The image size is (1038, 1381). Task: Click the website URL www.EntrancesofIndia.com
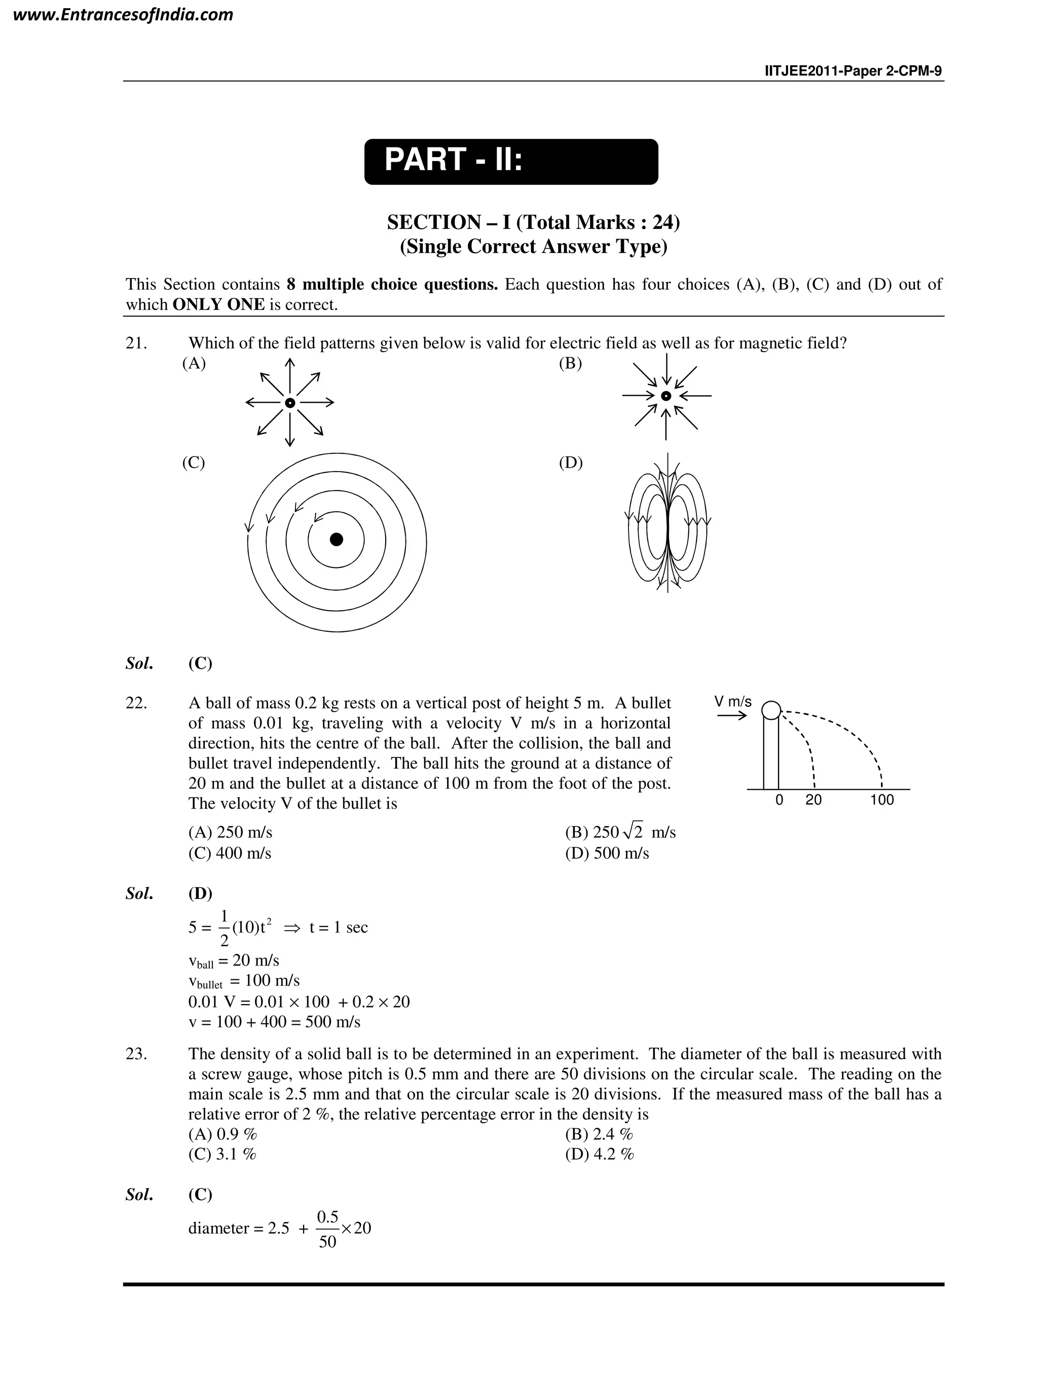tap(123, 15)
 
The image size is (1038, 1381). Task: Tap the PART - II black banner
tap(510, 162)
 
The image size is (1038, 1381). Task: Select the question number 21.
tap(136, 343)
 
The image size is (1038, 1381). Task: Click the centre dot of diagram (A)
tap(289, 403)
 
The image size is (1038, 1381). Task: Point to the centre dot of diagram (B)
tap(666, 396)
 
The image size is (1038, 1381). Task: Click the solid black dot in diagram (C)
tap(336, 540)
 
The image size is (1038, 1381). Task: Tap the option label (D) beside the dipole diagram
tap(570, 463)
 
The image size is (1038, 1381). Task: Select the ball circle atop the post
tap(771, 710)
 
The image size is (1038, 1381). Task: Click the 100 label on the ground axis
tap(881, 800)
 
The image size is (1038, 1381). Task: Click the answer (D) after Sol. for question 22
tap(200, 894)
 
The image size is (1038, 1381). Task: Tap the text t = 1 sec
tap(338, 928)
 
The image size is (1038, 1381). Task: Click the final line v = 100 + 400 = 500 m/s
tap(274, 1022)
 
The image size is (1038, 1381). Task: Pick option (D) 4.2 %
tap(599, 1155)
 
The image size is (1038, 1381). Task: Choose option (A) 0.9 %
tap(223, 1134)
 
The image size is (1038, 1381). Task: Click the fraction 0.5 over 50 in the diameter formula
tap(327, 1227)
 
